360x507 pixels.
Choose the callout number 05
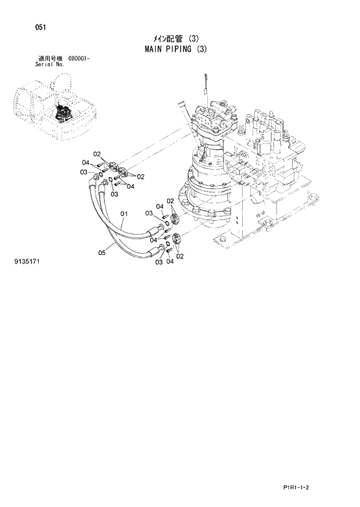pos(102,252)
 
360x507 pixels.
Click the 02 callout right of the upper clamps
pos(140,176)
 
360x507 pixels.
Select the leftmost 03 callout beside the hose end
pos(84,172)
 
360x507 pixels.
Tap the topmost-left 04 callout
pos(85,162)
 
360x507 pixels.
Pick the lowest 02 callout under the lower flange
pos(179,256)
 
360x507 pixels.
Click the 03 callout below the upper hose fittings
pos(114,194)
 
